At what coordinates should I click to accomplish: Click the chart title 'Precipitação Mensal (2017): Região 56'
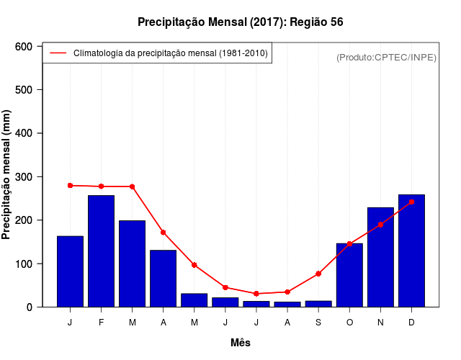241,22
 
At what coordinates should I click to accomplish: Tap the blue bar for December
411,251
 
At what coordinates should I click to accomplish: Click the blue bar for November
380,257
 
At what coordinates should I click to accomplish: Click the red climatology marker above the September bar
318,274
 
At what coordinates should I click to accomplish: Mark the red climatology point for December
411,202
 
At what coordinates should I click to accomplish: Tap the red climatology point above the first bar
70,186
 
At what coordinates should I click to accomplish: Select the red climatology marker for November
380,225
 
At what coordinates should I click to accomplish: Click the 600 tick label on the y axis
24,47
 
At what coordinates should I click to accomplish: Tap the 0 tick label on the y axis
30,307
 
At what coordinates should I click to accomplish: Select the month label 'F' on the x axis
101,323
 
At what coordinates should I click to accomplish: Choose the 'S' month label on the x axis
318,323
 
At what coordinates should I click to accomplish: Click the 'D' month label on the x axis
411,323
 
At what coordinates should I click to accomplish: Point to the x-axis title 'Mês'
241,343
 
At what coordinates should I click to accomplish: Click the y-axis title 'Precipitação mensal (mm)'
7,176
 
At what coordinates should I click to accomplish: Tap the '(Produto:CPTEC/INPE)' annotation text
387,57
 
